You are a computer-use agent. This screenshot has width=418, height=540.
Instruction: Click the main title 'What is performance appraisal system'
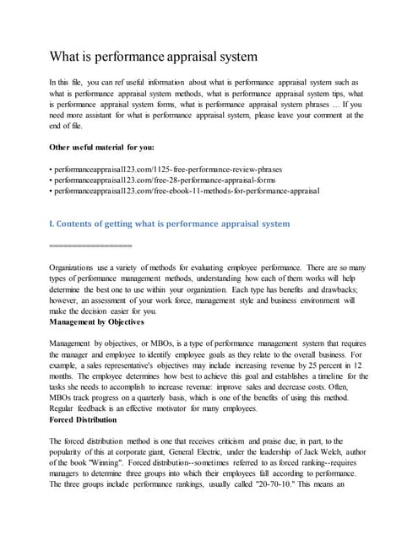[155, 57]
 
